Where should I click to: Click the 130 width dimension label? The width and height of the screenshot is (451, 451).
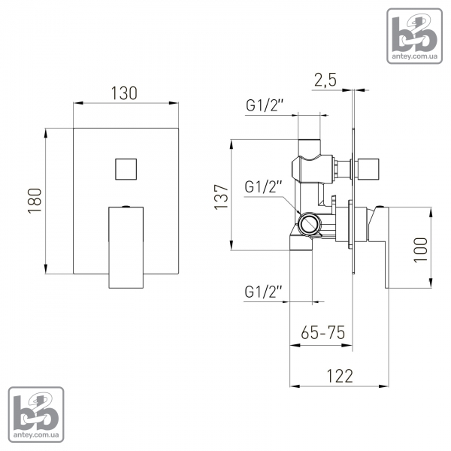click(124, 93)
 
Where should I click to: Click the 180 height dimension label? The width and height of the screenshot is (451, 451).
click(35, 201)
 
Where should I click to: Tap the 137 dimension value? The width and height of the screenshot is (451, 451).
click(222, 197)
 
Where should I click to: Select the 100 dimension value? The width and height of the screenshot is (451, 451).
click(420, 250)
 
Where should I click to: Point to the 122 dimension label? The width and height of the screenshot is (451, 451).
click(340, 376)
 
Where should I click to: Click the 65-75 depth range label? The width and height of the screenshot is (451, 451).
click(322, 333)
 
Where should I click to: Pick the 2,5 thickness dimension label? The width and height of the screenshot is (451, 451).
click(325, 80)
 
